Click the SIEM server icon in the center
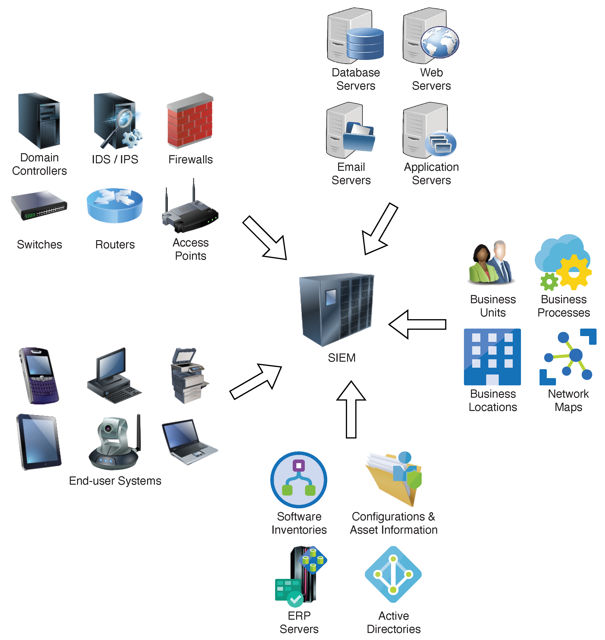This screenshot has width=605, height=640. pyautogui.click(x=336, y=310)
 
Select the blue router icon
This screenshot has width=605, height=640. pyautogui.click(x=114, y=206)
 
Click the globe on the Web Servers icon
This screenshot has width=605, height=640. pyautogui.click(x=440, y=42)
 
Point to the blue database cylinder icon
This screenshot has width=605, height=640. pyautogui.click(x=365, y=43)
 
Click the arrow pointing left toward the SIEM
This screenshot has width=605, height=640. pyautogui.click(x=417, y=324)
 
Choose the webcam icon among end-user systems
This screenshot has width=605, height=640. pyautogui.click(x=114, y=442)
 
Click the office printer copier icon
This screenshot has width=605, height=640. pyautogui.click(x=188, y=375)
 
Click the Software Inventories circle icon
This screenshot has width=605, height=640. pyautogui.click(x=299, y=480)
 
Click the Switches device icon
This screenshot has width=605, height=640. pyautogui.click(x=39, y=206)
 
